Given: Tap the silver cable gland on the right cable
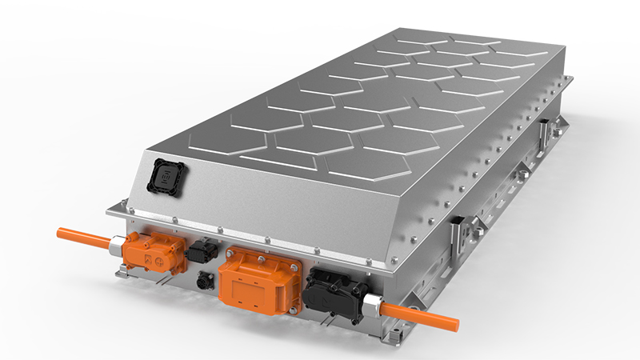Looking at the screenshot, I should (373, 306).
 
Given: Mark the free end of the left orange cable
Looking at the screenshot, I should (59, 232).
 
